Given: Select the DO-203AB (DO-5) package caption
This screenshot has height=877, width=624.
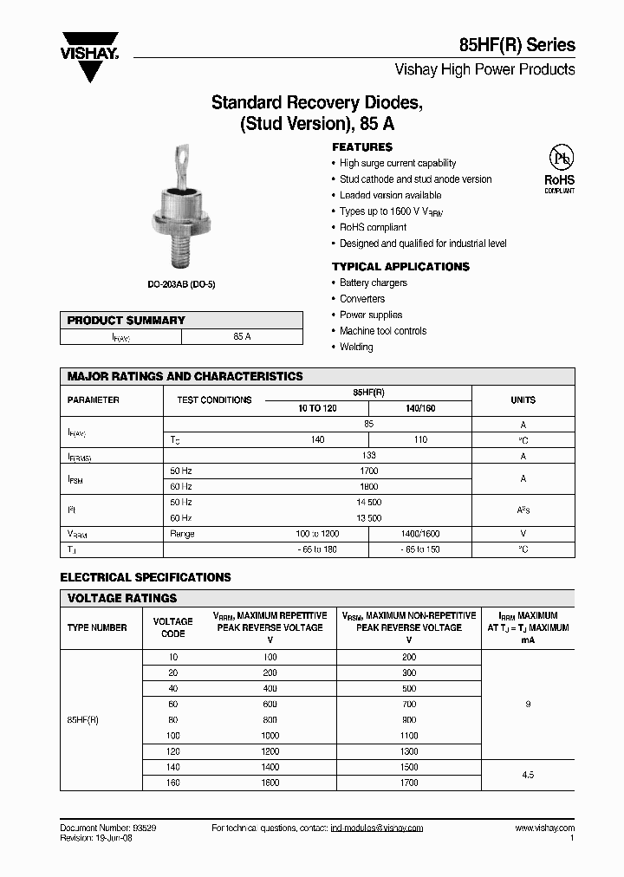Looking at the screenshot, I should click(180, 283).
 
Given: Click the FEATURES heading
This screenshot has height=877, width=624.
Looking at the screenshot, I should click(362, 147).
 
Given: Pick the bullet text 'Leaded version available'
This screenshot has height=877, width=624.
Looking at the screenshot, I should click(390, 196).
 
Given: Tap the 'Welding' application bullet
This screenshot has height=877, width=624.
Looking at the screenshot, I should click(356, 347).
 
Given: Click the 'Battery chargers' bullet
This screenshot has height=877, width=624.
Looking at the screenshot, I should click(373, 283).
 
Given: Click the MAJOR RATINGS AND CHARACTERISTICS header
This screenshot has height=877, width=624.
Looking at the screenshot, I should click(185, 377).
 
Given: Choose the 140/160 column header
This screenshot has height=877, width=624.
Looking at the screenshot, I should click(420, 408).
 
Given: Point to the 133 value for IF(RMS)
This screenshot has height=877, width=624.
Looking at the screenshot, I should click(368, 456).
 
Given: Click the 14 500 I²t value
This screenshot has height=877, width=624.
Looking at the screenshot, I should click(368, 503).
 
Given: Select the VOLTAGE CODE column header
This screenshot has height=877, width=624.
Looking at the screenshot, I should click(172, 627).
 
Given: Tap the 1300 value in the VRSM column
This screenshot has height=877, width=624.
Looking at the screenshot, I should click(409, 751).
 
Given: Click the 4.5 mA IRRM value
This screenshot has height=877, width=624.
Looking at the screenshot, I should click(528, 775).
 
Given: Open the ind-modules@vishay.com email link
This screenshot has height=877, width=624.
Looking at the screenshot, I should click(377, 828).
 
